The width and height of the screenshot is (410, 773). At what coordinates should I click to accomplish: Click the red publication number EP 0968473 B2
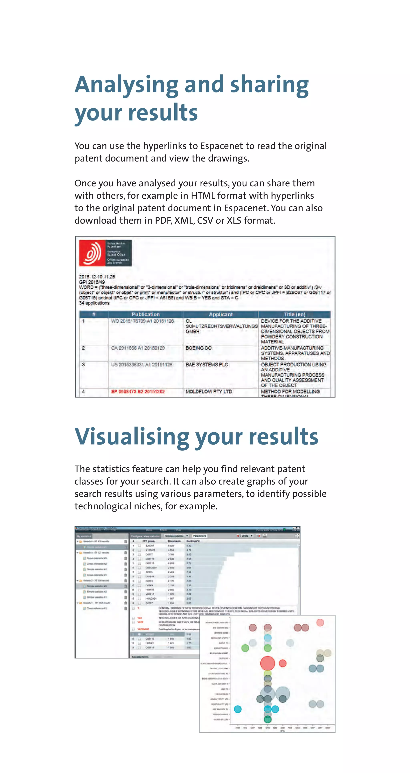pyautogui.click(x=138, y=392)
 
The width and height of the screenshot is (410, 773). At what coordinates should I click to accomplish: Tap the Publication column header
pyautogui.click(x=146, y=314)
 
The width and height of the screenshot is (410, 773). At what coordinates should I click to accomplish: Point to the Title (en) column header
pyautogui.click(x=294, y=314)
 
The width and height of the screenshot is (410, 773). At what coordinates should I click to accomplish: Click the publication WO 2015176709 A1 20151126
pyautogui.click(x=142, y=321)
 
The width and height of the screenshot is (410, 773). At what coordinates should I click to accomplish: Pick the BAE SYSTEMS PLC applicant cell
pyautogui.click(x=207, y=365)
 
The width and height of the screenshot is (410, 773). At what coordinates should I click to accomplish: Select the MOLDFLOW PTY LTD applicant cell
pyautogui.click(x=209, y=392)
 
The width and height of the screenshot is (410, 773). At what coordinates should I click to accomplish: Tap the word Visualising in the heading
pyautogui.click(x=132, y=437)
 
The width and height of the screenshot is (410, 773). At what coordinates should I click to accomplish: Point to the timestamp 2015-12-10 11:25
pyautogui.click(x=97, y=277)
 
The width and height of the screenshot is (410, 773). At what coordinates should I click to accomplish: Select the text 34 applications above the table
pyautogui.click(x=94, y=303)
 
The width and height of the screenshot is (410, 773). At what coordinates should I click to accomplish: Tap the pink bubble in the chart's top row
pyautogui.click(x=320, y=623)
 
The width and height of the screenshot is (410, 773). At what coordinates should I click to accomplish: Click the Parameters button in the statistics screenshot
pyautogui.click(x=200, y=536)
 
